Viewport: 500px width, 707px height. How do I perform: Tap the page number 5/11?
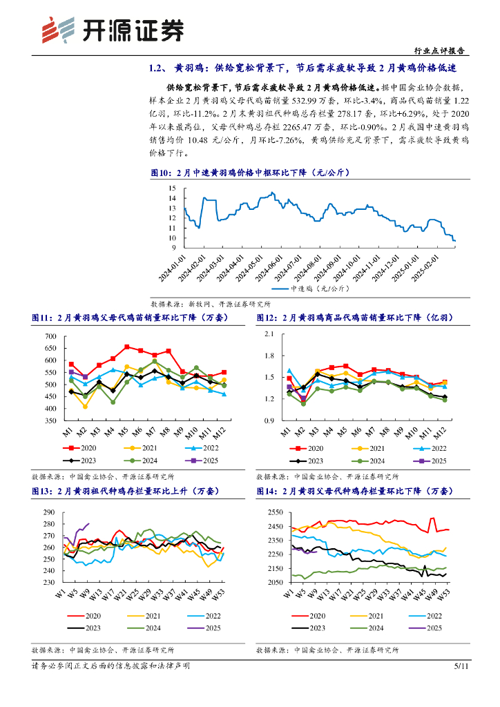pos(461,666)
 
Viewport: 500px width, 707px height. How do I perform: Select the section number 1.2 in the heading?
pos(155,69)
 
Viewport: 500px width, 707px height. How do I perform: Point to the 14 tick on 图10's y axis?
pos(173,198)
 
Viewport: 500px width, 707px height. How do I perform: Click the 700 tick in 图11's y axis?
pos(50,336)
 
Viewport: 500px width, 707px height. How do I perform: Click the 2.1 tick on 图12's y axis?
pos(269,334)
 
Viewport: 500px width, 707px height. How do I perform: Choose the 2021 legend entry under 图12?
pos(366,447)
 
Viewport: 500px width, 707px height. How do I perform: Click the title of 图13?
pos(124,491)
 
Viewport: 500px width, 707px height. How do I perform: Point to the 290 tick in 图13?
pos(49,512)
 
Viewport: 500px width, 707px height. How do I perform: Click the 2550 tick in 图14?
pos(275,512)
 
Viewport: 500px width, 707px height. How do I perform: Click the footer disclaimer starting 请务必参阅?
pos(111,666)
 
